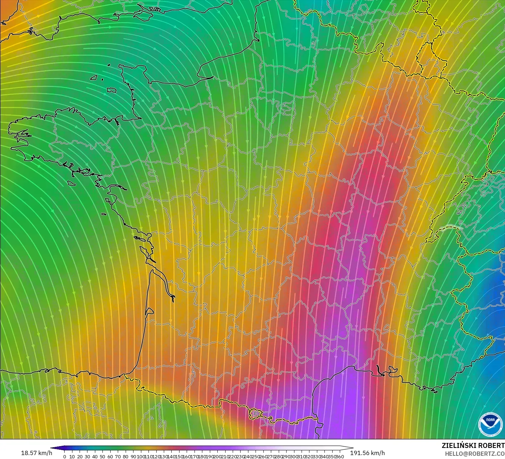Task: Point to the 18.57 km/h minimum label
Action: pyautogui.click(x=36, y=453)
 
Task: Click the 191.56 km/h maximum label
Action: pyautogui.click(x=367, y=453)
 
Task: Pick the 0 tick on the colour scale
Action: pyautogui.click(x=64, y=457)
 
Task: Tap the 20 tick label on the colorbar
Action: pyautogui.click(x=80, y=457)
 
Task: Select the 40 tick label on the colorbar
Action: pyautogui.click(x=95, y=457)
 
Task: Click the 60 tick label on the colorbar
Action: pyautogui.click(x=110, y=457)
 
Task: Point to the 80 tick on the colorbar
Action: pyautogui.click(x=126, y=457)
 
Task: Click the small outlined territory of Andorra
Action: pyautogui.click(x=256, y=414)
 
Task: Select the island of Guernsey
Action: pyautogui.click(x=94, y=77)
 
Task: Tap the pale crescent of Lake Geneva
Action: pyautogui.click(x=450, y=228)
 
